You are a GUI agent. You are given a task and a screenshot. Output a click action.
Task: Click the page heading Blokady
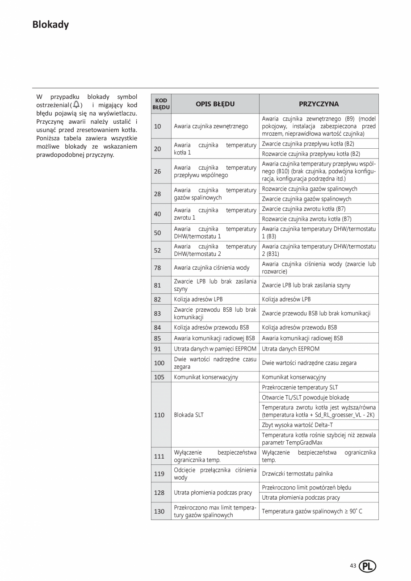[x=50, y=25]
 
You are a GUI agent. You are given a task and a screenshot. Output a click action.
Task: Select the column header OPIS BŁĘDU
[x=215, y=104]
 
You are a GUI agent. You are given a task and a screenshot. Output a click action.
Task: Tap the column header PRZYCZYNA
[x=319, y=104]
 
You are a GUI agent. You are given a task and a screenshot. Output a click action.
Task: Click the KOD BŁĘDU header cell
[x=161, y=104]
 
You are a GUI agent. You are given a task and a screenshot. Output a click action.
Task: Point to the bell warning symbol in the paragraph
[x=76, y=104]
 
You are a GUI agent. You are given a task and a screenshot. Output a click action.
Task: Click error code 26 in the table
[x=157, y=171]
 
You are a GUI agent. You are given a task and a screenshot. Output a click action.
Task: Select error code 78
[x=157, y=268]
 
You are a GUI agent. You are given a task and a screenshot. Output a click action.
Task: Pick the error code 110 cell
[x=159, y=415]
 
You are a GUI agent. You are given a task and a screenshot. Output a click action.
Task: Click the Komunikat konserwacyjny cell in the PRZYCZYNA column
[x=294, y=377]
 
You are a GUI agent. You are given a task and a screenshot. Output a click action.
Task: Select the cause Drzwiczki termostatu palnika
[x=297, y=474]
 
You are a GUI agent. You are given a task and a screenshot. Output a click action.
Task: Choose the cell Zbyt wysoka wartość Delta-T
[x=297, y=425]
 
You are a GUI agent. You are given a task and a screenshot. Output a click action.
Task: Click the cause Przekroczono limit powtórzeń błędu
[x=306, y=488]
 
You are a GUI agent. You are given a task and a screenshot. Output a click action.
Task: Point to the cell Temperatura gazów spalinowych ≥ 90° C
[x=312, y=511]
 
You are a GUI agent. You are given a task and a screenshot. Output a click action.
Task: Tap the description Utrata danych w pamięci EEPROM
[x=214, y=349]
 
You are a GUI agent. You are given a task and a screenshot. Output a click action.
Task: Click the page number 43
[x=353, y=566]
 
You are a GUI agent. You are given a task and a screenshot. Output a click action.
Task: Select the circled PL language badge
[x=367, y=566]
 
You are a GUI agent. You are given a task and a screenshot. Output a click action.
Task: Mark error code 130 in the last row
[x=159, y=511]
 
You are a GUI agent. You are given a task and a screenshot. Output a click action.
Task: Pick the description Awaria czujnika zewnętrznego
[x=211, y=126]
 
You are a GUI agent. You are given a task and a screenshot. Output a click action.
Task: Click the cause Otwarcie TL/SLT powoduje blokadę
[x=305, y=397]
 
